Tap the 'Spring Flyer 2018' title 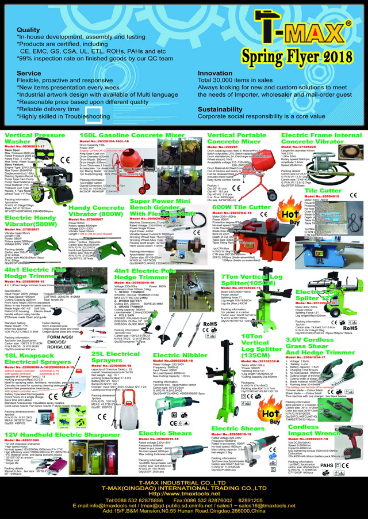[x=296, y=56]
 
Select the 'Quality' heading [x=29, y=29]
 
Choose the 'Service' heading [x=29, y=73]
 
